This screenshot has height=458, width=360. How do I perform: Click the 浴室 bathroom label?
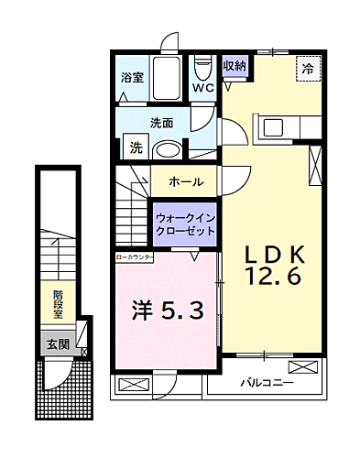(133, 79)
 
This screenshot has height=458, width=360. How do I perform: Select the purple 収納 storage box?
(235, 67)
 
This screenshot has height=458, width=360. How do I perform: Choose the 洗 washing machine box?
(135, 147)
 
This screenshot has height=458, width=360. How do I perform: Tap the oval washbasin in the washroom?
(167, 149)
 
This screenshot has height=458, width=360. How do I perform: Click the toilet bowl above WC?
(202, 70)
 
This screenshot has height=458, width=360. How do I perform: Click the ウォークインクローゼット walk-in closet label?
(186, 224)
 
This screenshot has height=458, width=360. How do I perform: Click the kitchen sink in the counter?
(274, 127)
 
